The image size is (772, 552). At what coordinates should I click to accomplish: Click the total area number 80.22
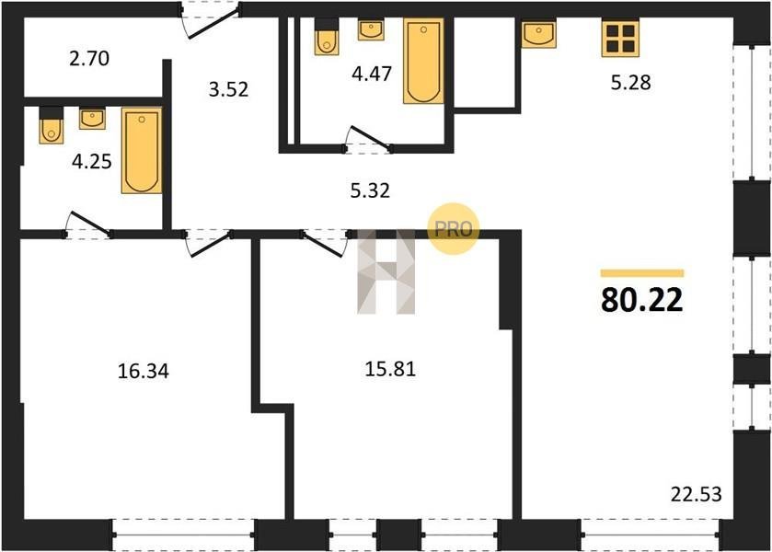click(x=642, y=299)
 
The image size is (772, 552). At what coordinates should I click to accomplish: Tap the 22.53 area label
click(x=697, y=494)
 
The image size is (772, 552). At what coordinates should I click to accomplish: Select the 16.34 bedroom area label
click(x=144, y=371)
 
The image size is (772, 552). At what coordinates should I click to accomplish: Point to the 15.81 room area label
click(x=390, y=368)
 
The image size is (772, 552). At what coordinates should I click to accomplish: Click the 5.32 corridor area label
click(x=370, y=190)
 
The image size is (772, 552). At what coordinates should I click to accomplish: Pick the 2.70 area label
click(x=89, y=58)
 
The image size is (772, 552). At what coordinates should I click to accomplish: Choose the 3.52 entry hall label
click(x=228, y=89)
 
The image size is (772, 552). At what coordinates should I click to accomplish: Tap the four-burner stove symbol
click(x=620, y=39)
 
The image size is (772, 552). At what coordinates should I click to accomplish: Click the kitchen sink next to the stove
click(x=538, y=33)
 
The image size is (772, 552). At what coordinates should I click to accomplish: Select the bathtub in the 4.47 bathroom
click(x=423, y=61)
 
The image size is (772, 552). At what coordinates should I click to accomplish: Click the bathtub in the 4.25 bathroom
click(x=142, y=150)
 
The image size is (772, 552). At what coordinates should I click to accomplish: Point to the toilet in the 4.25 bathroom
click(x=52, y=125)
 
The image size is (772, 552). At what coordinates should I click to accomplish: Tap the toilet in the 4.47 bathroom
click(x=327, y=37)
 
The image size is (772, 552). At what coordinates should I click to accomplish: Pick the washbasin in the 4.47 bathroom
click(x=371, y=29)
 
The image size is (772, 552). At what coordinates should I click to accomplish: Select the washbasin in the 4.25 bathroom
click(x=92, y=120)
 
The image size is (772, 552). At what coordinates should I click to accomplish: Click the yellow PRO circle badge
click(x=453, y=228)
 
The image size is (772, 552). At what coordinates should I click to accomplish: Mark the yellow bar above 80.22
click(x=642, y=273)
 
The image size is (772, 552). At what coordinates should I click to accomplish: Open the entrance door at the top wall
click(x=210, y=19)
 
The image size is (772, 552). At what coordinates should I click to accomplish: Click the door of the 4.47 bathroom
click(x=368, y=142)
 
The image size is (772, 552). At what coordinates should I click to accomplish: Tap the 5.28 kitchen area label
click(x=630, y=82)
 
